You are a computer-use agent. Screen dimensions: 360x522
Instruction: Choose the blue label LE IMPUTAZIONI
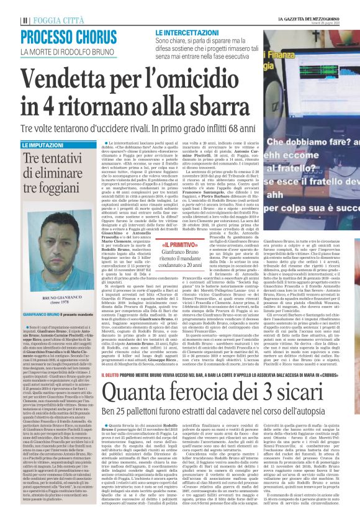pos(43,145)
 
